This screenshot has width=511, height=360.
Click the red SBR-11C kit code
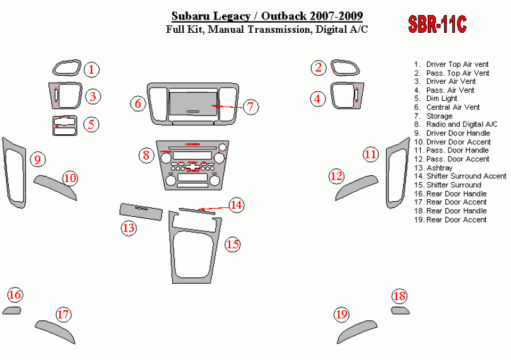click(x=437, y=24)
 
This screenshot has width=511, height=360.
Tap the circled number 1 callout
click(x=91, y=69)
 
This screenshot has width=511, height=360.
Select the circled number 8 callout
click(x=146, y=154)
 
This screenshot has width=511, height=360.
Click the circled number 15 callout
click(x=233, y=245)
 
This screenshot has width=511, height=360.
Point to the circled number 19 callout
click(x=341, y=315)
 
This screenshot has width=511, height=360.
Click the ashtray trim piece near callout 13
click(x=141, y=212)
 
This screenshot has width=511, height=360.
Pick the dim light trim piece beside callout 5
click(x=65, y=125)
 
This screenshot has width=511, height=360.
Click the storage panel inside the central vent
click(x=192, y=103)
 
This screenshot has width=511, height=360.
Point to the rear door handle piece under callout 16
click(x=12, y=310)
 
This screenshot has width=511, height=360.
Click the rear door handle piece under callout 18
click(x=400, y=310)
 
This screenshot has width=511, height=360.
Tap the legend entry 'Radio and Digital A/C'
click(x=462, y=124)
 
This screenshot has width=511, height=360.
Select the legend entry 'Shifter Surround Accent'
click(x=466, y=177)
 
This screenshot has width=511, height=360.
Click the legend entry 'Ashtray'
click(x=439, y=168)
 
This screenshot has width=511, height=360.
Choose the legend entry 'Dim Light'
click(x=442, y=98)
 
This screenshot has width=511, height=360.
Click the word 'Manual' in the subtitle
click(x=226, y=30)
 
